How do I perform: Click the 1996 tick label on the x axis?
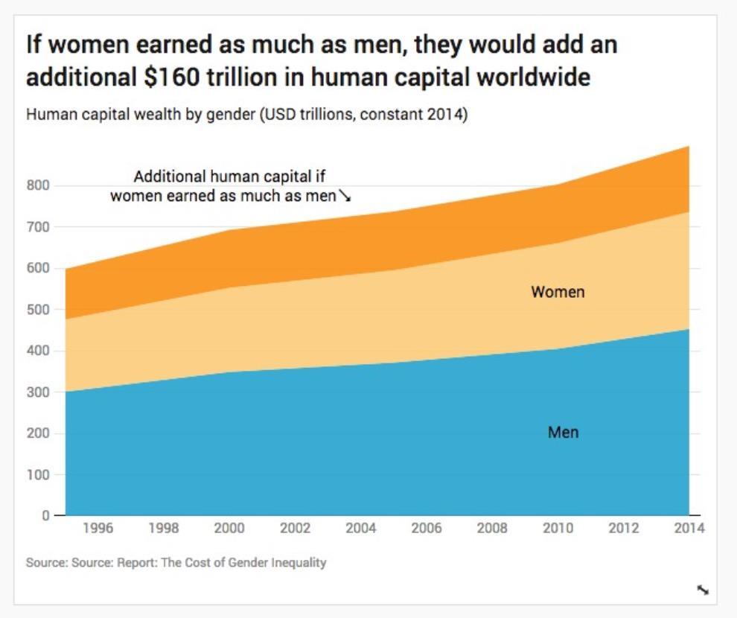[98, 529]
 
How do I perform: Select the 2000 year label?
[229, 529]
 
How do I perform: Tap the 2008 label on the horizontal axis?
[492, 529]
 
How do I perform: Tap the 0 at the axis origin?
[45, 515]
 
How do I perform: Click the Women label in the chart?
[558, 292]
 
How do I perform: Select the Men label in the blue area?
[563, 432]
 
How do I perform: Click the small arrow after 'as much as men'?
[345, 197]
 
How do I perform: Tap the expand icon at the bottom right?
[703, 590]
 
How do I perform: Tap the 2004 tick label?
[361, 529]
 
